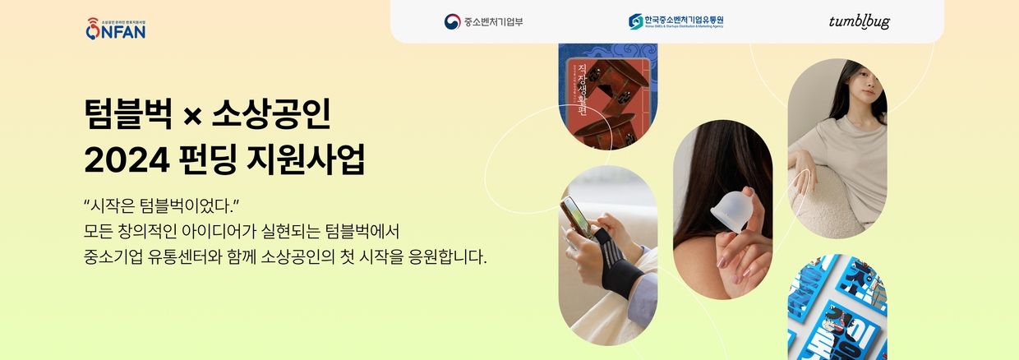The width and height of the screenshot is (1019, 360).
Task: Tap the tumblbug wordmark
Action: tap(859, 22)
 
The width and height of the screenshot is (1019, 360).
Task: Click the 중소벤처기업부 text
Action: tap(493, 21)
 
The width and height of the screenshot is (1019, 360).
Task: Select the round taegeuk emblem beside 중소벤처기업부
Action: tap(452, 21)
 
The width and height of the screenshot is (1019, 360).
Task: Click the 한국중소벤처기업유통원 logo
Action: tap(675, 21)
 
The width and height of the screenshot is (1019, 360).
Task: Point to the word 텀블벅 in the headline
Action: tap(127, 113)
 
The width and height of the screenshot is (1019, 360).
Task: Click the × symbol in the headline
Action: tap(192, 115)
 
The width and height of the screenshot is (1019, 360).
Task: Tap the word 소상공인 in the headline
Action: tap(270, 113)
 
